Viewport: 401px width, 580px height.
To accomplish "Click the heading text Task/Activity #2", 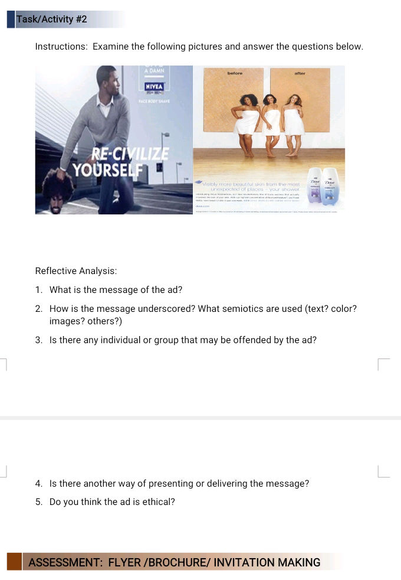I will pos(52,19).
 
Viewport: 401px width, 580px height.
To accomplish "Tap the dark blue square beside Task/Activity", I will pos(11,19).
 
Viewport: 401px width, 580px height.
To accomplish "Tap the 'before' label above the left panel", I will pos(235,73).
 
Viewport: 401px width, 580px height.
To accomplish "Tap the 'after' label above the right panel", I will pos(300,73).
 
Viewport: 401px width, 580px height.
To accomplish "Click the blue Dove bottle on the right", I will pos(330,186).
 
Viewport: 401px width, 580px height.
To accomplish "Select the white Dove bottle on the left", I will pos(314,184).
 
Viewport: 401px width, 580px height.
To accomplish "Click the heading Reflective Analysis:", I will pos(76,271).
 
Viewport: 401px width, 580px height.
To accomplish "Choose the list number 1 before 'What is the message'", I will pos(38,290).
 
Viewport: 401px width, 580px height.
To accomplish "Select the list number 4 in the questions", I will pos(38,484).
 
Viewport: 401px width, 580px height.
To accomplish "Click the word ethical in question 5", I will pos(160,503).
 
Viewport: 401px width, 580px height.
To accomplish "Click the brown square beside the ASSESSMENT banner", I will pos(14,562).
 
